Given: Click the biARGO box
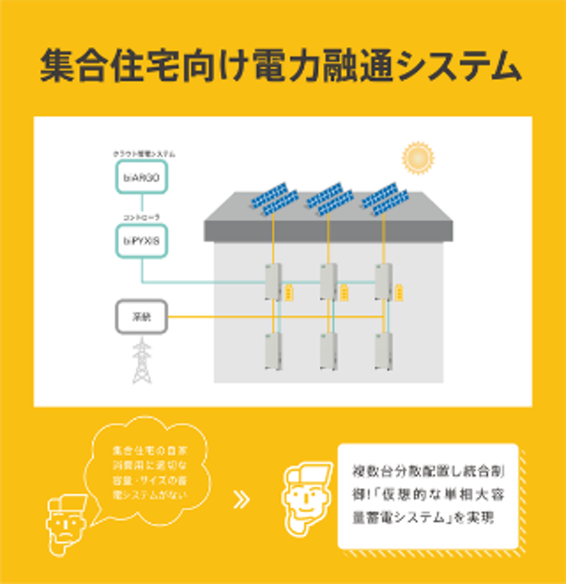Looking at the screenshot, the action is pos(141,176).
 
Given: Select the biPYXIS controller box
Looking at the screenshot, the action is pos(141,241).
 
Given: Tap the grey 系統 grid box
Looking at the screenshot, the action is pos(141,316).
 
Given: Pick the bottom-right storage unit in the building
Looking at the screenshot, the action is pos(384,351).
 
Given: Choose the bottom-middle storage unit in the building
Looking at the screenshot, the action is pos(328,351).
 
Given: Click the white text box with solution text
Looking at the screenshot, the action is pos(428,495).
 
